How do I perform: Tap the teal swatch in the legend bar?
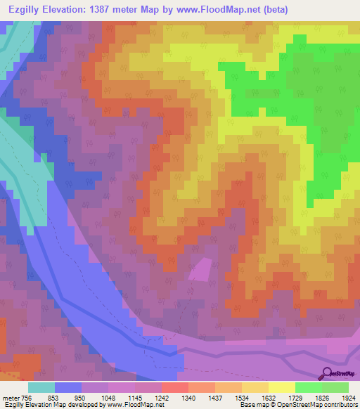[x=41, y=387]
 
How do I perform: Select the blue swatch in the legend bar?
[x=68, y=387]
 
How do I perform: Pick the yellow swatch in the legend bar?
[x=281, y=387]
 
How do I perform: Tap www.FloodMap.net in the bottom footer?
[x=139, y=405]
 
